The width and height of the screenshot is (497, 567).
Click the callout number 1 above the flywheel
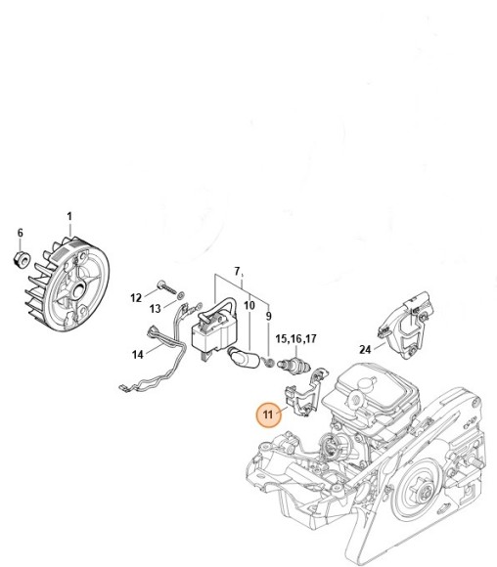coord(69,217)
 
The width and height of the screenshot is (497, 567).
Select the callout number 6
coord(21,233)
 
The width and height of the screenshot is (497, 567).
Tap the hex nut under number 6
coord(21,259)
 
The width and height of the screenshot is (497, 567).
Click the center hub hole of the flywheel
coord(79,289)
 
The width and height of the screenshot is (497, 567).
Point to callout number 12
coord(136,298)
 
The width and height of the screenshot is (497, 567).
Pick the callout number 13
coord(156,309)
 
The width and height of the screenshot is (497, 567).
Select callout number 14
coord(138,354)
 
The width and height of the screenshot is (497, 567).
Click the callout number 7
coord(237,271)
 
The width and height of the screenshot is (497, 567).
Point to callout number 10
coord(249,306)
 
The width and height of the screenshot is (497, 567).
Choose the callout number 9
coord(268,316)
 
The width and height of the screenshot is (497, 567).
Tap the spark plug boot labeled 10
coord(243,357)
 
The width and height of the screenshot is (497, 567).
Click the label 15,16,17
coord(295,339)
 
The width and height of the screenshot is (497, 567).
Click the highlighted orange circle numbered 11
coord(268,414)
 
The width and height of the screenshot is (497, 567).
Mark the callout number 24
coord(365,349)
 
